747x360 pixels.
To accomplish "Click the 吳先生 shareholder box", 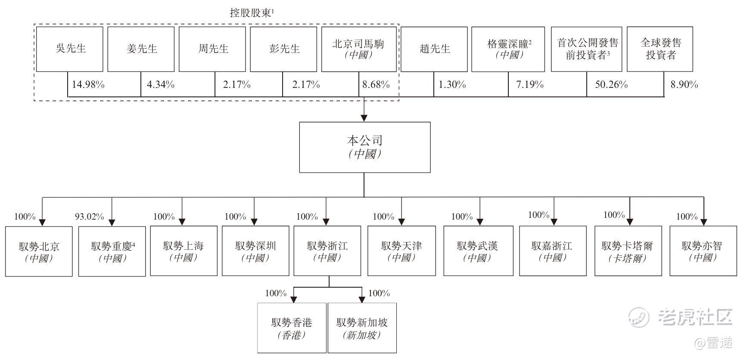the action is (x=70, y=49).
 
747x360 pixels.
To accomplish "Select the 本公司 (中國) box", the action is (x=365, y=147).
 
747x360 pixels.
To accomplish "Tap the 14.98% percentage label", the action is (x=88, y=84).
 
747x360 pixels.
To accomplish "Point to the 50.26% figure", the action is (x=611, y=84).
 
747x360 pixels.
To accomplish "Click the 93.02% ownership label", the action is (x=90, y=217).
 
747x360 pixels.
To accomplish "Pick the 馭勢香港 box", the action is (x=292, y=328).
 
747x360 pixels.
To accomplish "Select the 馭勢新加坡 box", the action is (x=362, y=328).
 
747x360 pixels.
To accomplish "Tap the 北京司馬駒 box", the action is (x=359, y=49).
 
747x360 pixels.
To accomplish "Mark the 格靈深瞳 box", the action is (x=508, y=49).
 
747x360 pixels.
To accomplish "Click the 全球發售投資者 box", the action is (x=660, y=49).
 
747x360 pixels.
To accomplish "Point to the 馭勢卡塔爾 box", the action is (x=628, y=251).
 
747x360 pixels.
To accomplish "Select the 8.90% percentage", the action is (x=684, y=84).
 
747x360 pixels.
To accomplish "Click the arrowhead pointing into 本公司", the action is (x=364, y=118).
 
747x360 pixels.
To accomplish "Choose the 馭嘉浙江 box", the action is (x=553, y=251).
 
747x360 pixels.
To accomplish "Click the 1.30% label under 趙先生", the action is (x=452, y=84).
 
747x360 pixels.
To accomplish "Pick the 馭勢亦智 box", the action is (x=703, y=251).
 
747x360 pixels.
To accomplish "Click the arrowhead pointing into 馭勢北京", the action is (x=42, y=222).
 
